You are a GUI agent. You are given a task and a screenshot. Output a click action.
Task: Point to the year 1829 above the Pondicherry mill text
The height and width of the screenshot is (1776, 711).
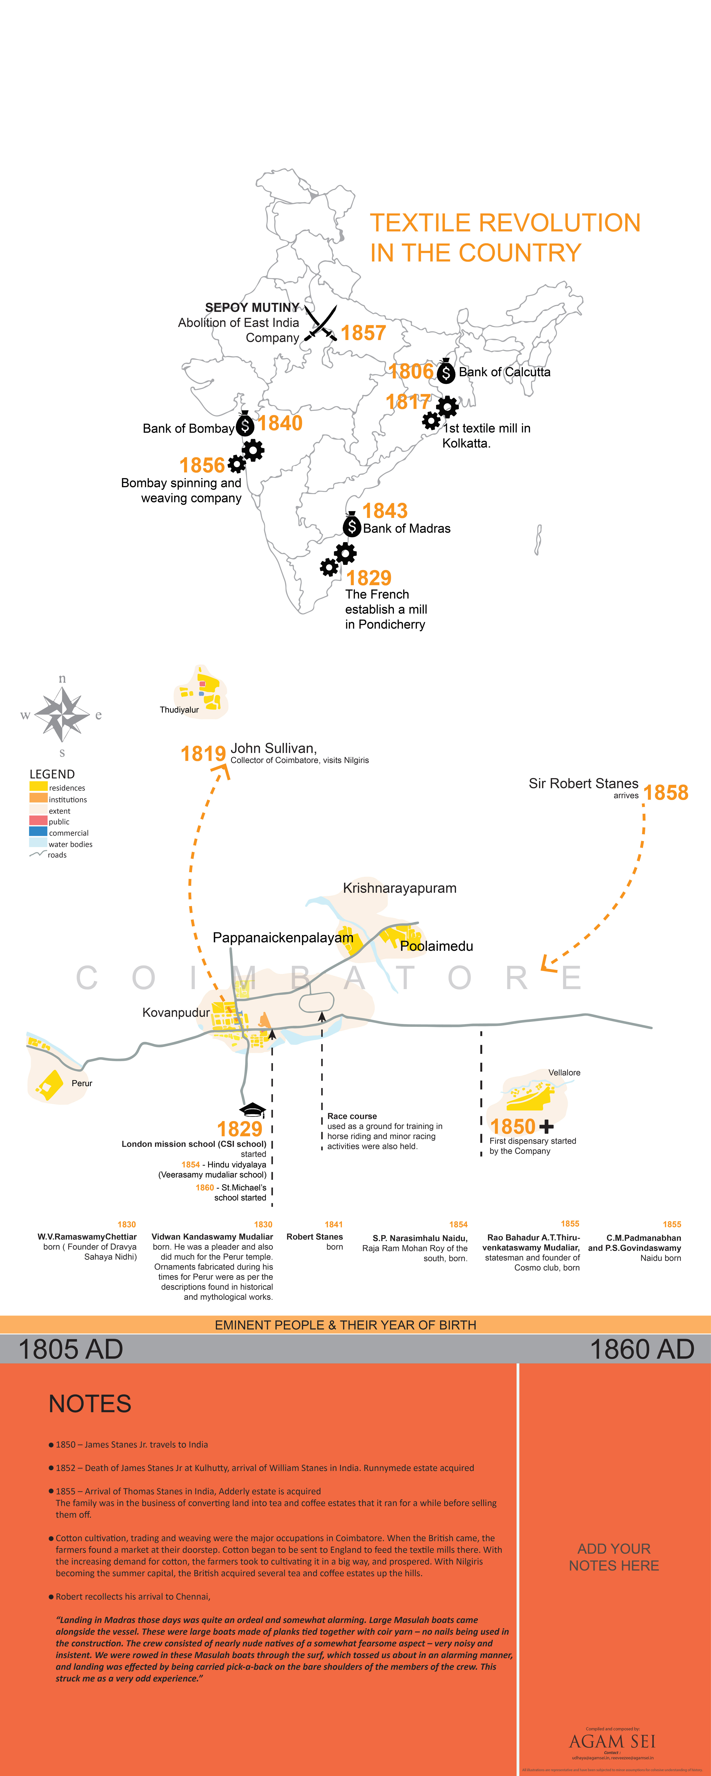[x=369, y=578]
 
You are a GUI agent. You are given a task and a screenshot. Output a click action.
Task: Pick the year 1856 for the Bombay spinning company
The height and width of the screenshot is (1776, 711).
[x=202, y=465]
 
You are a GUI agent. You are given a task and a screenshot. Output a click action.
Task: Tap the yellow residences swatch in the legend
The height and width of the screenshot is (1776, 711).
[x=38, y=787]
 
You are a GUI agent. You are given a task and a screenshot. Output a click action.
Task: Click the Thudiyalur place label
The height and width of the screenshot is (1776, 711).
[x=179, y=709]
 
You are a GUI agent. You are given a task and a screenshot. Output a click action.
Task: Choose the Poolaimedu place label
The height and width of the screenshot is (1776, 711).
[x=437, y=946]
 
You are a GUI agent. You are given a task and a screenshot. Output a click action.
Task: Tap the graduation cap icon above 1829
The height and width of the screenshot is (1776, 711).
[x=252, y=1109]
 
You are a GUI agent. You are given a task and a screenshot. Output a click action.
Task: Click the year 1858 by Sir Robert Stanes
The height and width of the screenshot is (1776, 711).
[x=665, y=793]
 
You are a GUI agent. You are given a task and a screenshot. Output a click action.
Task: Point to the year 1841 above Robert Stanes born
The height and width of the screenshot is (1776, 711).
[x=334, y=1224]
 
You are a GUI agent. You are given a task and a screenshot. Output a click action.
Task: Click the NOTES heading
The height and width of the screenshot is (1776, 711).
[x=90, y=1404]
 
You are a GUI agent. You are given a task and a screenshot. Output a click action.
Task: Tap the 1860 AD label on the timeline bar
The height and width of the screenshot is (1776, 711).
[x=641, y=1349]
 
